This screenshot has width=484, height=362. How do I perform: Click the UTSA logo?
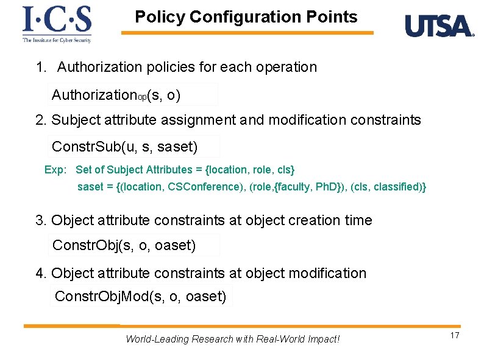click(439, 26)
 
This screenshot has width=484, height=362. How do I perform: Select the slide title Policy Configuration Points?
click(246, 17)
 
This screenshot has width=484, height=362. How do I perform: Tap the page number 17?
click(454, 336)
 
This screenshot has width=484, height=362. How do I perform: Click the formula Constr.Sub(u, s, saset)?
click(125, 147)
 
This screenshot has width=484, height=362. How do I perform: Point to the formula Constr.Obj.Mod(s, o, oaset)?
click(140, 296)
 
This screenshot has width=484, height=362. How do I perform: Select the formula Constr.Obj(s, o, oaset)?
click(124, 245)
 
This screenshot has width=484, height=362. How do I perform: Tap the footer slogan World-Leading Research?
click(232, 339)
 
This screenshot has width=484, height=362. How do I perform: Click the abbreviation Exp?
click(55, 170)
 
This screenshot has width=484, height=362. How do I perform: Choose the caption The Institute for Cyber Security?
click(57, 40)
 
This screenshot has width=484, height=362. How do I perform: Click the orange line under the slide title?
click(247, 33)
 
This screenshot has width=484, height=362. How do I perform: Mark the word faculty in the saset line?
click(294, 187)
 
